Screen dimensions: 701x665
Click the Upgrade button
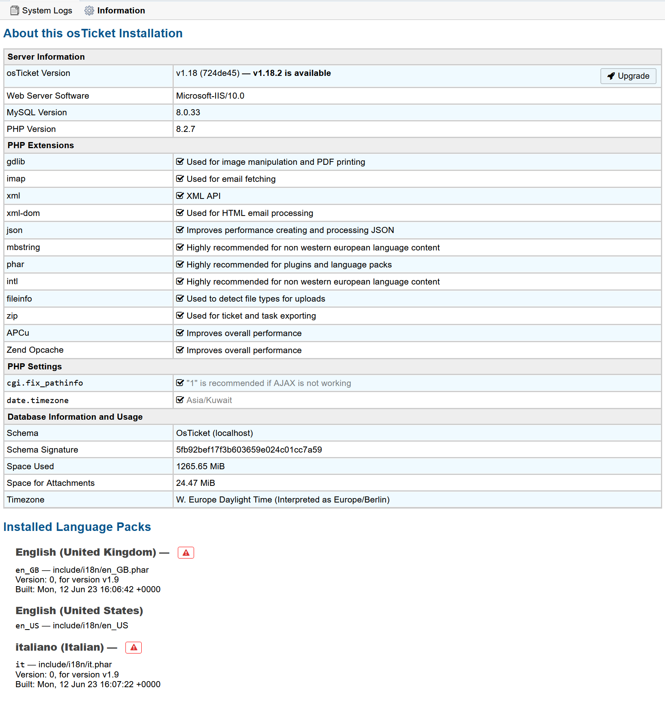tap(628, 76)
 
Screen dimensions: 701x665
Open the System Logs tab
tap(41, 11)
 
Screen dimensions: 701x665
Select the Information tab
tap(115, 11)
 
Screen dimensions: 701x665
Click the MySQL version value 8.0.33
tap(188, 112)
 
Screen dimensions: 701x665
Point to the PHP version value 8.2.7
tap(186, 129)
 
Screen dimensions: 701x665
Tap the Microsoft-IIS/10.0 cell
tap(210, 96)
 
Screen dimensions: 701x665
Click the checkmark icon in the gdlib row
tap(180, 162)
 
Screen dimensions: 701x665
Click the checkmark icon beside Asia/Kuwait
tap(180, 400)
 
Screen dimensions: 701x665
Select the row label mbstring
tap(23, 247)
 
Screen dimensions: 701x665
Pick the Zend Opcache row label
tap(35, 350)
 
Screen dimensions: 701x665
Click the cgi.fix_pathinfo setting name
tap(45, 383)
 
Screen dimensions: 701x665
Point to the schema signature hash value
tap(249, 450)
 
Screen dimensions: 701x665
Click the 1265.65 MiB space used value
tap(200, 466)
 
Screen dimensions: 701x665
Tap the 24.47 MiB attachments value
tap(195, 483)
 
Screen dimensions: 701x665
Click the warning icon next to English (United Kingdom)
tap(186, 552)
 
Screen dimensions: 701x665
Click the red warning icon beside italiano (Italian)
tap(134, 647)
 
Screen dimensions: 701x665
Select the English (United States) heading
tap(79, 611)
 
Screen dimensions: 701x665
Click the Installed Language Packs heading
tap(77, 527)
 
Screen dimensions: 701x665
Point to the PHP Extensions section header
tap(41, 145)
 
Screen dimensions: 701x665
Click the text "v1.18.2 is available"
tap(292, 73)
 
